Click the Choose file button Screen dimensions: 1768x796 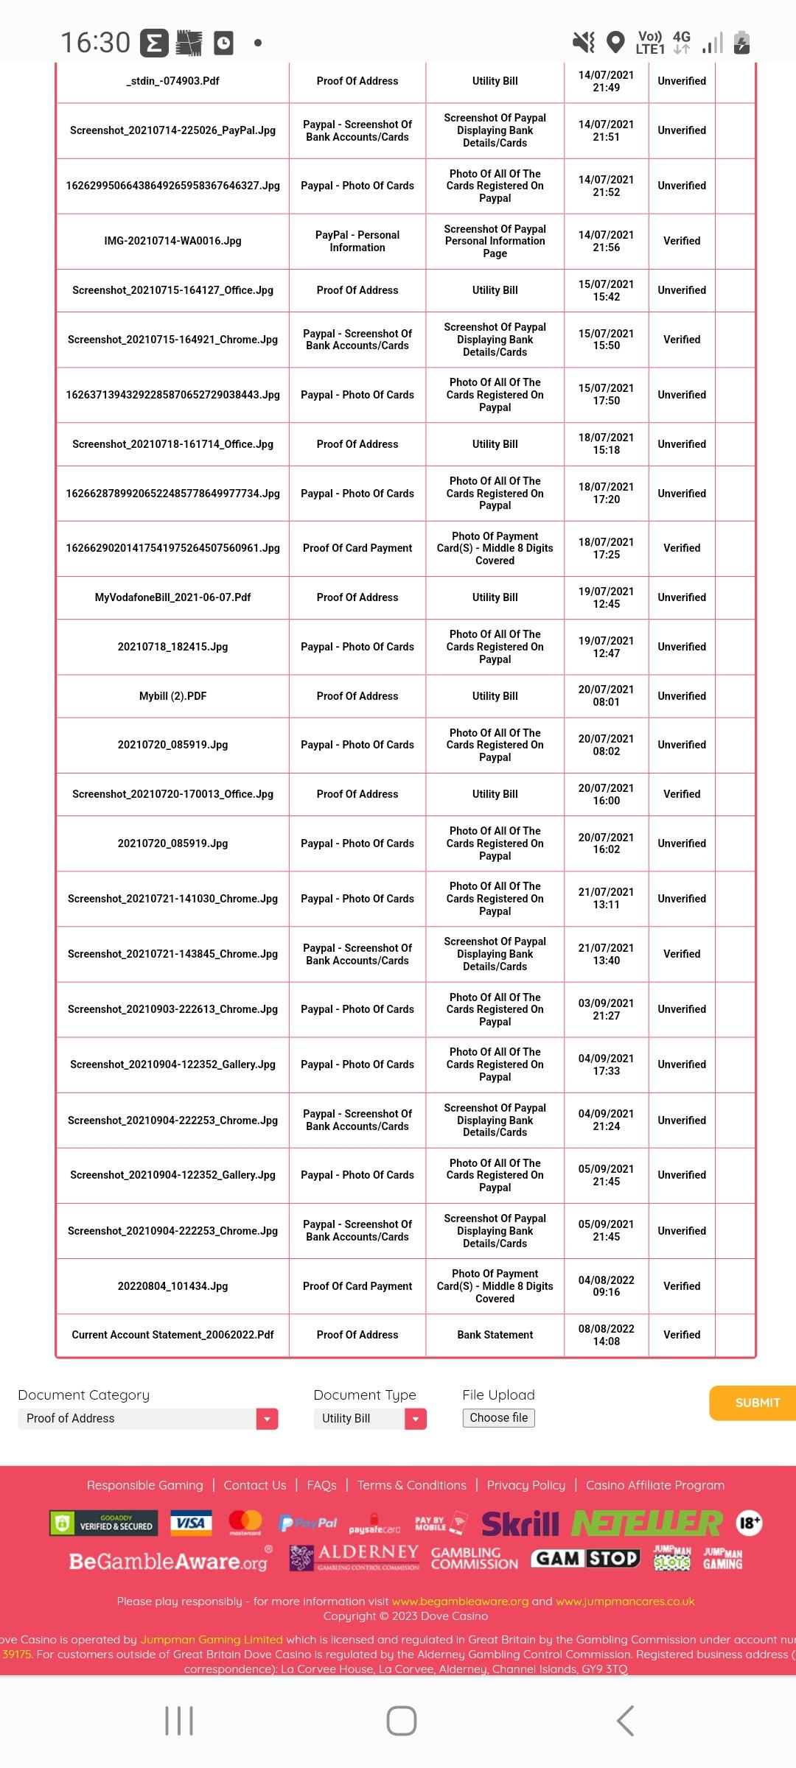tap(499, 1417)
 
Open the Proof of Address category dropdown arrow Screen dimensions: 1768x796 tap(267, 1419)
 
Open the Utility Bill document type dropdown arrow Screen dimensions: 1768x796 tap(416, 1419)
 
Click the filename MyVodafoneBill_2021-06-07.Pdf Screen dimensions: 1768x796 tap(172, 597)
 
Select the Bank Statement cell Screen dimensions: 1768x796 tap(495, 1335)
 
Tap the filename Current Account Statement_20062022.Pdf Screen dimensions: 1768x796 tap(172, 1335)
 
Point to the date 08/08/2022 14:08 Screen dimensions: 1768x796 tap(606, 1335)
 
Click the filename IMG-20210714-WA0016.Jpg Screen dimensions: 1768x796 tap(172, 241)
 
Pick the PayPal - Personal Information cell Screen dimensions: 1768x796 tap(357, 241)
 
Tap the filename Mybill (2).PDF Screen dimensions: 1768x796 tap(172, 696)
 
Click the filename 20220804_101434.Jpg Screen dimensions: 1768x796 tap(172, 1286)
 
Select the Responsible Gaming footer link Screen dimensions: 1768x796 tap(144, 1485)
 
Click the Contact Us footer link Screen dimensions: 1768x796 tap(255, 1485)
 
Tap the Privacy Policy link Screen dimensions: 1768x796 tap(526, 1485)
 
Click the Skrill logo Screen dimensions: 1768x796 tap(520, 1523)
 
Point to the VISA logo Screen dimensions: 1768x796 tap(191, 1523)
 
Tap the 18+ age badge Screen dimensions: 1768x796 tap(749, 1523)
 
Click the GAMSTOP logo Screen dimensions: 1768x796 tap(586, 1558)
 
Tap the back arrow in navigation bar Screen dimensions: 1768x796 tap(625, 1721)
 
